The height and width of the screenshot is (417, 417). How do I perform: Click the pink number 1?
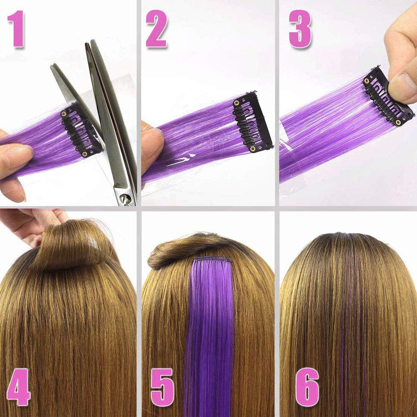17,28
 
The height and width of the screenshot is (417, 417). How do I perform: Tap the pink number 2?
157,28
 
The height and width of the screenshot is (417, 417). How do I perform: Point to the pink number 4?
19,387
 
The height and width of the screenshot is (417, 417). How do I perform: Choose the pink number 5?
162,387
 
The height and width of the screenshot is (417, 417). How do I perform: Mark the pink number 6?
307,387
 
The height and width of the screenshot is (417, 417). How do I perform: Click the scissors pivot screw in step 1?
125,200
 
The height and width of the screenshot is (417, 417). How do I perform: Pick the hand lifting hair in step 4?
33,225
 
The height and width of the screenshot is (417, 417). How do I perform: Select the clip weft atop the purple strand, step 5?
213,260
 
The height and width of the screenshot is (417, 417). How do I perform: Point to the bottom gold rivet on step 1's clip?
85,154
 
